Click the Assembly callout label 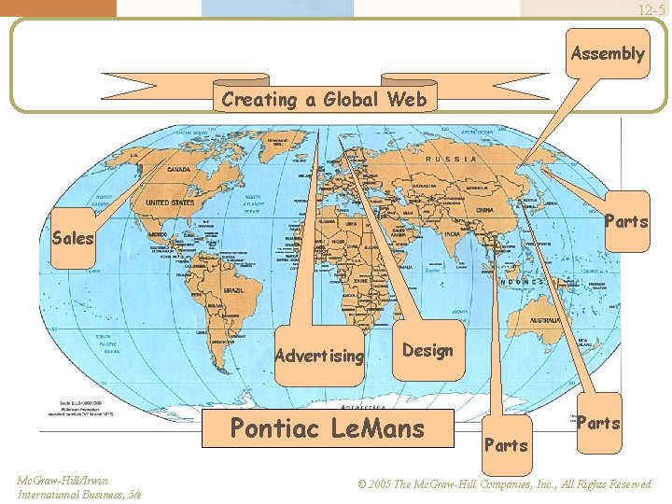(608, 53)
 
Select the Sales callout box (73, 238)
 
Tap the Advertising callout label (319, 356)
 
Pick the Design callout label (427, 350)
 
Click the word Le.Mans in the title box (378, 428)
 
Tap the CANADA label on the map (176, 170)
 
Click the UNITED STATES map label (169, 202)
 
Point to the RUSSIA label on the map (451, 159)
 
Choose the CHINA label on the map (485, 210)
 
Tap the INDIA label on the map (452, 234)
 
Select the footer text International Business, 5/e (79, 494)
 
